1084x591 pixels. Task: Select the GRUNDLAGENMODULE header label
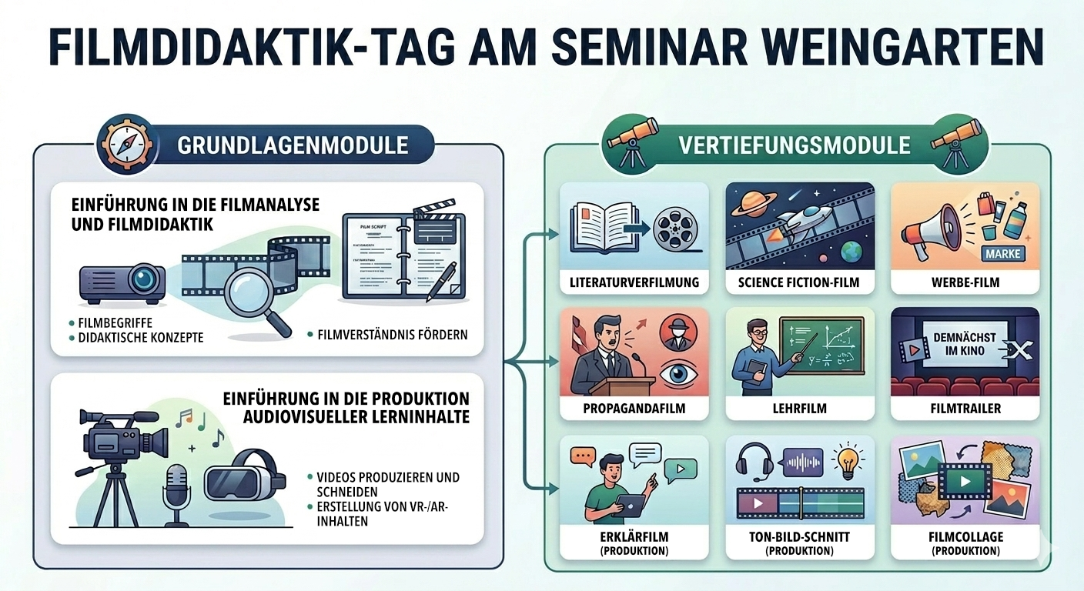(293, 145)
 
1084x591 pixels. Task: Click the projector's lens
(143, 278)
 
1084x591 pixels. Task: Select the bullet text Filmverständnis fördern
(390, 335)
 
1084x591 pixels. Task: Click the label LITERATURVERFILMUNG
(634, 282)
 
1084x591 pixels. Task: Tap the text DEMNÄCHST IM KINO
(964, 344)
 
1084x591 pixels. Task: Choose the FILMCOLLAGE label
(965, 536)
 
